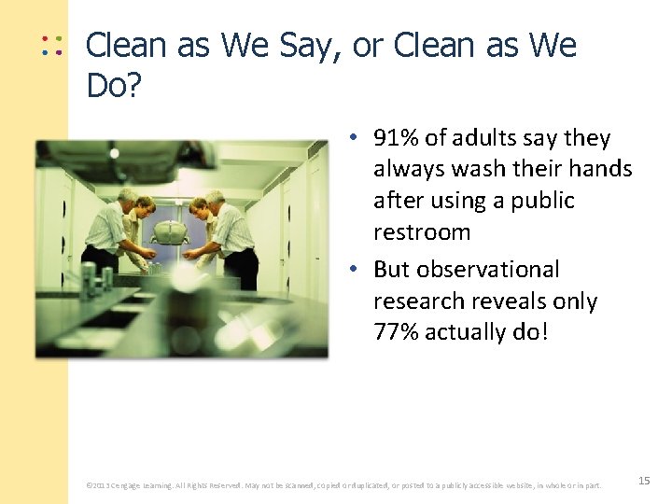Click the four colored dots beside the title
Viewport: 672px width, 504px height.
point(51,46)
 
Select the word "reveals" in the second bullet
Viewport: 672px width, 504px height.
point(518,301)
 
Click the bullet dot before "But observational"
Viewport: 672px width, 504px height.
point(356,270)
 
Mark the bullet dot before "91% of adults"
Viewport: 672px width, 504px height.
point(356,139)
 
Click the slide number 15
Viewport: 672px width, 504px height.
point(644,481)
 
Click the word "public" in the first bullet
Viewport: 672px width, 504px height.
point(541,201)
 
